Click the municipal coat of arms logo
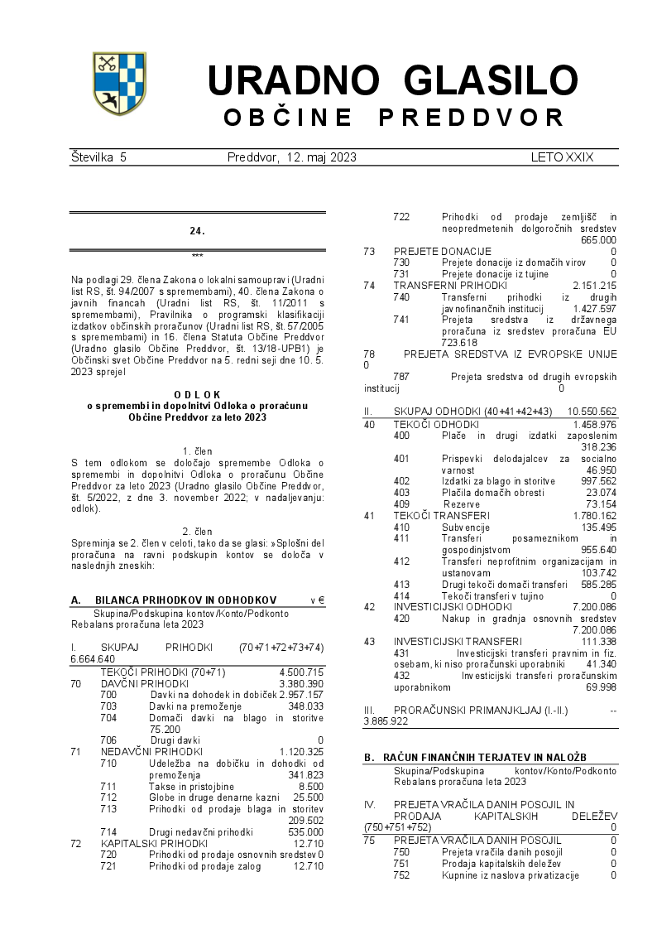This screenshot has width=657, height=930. [x=118, y=83]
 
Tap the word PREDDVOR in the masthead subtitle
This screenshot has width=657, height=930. [x=472, y=118]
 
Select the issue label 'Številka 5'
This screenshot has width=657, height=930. [x=98, y=157]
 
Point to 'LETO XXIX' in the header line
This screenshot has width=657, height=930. [x=562, y=157]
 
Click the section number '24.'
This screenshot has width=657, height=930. [x=197, y=231]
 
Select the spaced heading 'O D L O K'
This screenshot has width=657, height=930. [x=197, y=394]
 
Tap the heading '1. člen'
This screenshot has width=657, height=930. [x=197, y=451]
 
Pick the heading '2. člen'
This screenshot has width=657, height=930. [x=197, y=531]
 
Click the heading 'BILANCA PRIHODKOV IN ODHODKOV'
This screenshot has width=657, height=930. [x=185, y=600]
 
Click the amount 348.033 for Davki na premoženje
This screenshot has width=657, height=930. [x=305, y=706]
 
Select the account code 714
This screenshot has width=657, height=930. [x=108, y=831]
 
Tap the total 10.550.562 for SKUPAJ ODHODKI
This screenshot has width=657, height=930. [x=592, y=412]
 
